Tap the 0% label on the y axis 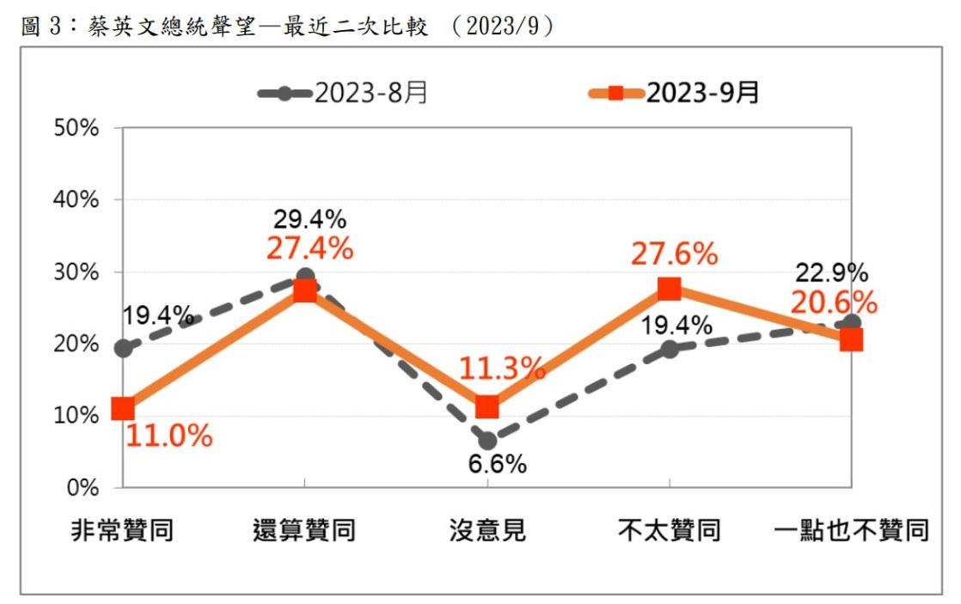84,487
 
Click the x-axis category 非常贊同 122,530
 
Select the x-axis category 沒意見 487,530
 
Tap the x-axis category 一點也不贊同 851,530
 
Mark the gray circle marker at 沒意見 488,441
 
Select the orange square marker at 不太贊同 670,289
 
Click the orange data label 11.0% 169,436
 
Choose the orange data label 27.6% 675,253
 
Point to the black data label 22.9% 830,273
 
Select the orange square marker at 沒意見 487,406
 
